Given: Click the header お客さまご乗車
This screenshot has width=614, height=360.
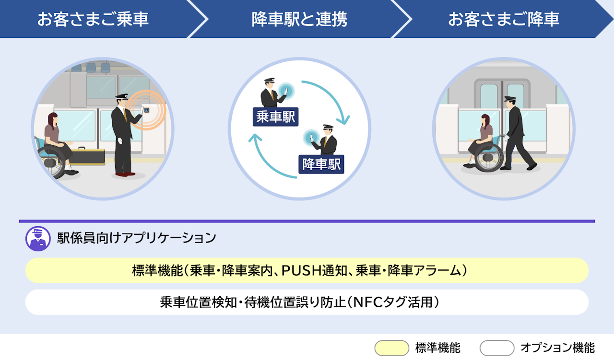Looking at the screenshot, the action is [x=93, y=19].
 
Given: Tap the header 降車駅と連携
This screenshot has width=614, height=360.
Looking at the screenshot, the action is [x=299, y=19].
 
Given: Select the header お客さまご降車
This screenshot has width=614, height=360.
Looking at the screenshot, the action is [x=504, y=19].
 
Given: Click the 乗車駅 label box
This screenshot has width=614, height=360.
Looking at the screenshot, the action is [x=275, y=116].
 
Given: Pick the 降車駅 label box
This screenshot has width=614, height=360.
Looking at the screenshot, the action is [x=321, y=164].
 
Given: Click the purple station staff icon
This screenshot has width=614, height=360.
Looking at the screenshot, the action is [x=38, y=238].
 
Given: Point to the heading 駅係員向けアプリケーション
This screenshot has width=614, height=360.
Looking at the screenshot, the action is [x=137, y=238].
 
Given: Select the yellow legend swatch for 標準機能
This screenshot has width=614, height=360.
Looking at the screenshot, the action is [x=392, y=348].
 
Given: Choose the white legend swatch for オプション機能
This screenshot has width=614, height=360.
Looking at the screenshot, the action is [x=496, y=348].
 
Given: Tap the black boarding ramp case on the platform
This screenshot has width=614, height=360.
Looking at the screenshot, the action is [x=87, y=156].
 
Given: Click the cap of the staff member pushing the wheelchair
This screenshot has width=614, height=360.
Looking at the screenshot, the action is [x=510, y=99].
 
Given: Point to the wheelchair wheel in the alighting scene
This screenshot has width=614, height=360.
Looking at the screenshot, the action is [x=488, y=157].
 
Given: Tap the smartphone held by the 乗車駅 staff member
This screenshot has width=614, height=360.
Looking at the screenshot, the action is [x=286, y=91].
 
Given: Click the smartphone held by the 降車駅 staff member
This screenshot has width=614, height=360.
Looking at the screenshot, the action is [x=312, y=138].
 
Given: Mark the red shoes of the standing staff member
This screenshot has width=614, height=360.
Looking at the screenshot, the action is [x=125, y=174].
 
